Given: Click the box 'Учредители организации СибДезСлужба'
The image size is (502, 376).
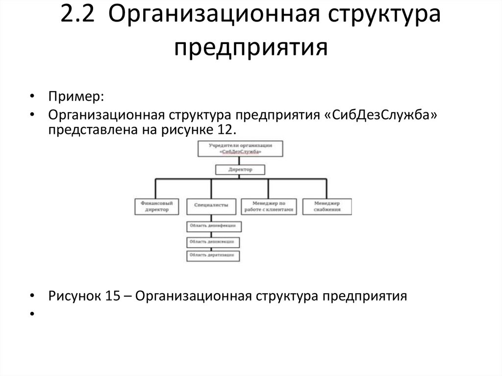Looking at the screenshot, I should click(x=240, y=149).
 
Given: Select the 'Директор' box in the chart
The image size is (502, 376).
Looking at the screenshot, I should click(x=240, y=170).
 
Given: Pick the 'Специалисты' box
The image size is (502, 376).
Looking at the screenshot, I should click(x=211, y=206).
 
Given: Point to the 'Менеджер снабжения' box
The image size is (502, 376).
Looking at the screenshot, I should click(x=327, y=206).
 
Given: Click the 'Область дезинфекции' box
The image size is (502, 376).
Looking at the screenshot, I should click(x=214, y=226).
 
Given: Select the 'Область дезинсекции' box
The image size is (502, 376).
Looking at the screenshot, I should click(x=213, y=241).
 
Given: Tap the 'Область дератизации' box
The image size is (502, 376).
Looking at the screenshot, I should click(x=213, y=255).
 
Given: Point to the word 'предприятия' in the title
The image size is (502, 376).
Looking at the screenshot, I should click(x=251, y=48).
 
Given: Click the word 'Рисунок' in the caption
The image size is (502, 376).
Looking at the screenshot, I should click(x=73, y=297).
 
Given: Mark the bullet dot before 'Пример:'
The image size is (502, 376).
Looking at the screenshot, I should click(x=32, y=97).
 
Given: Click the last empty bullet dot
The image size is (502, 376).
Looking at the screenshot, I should click(x=32, y=313).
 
